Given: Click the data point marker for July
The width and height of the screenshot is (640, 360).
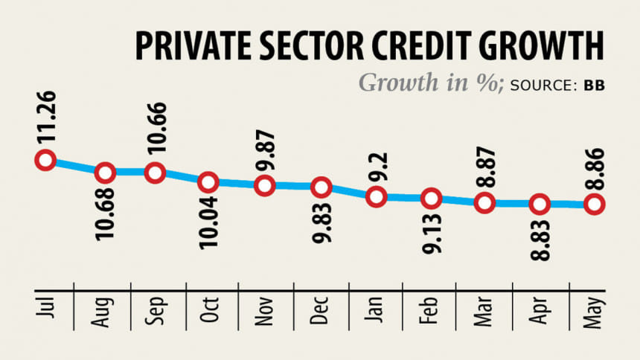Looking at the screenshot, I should click(x=45, y=159).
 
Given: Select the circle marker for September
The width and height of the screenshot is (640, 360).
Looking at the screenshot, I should click(x=155, y=172).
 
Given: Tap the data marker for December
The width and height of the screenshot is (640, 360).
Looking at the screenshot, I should click(x=321, y=187).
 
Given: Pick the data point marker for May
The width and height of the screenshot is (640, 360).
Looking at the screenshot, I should click(x=593, y=204).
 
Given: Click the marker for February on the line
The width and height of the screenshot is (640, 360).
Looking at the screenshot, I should click(x=430, y=199).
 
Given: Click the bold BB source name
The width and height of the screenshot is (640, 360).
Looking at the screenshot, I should click(x=594, y=86).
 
